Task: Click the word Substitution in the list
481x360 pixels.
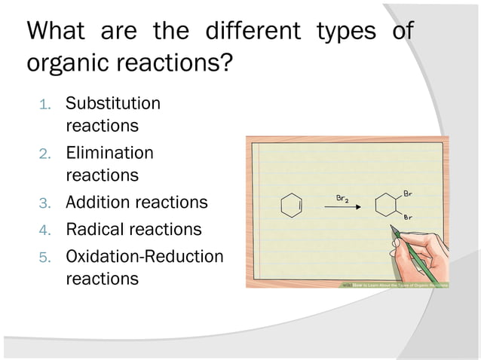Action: pyautogui.click(x=113, y=103)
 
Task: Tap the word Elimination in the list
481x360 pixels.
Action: pyautogui.click(x=109, y=153)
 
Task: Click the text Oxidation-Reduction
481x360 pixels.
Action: pyautogui.click(x=145, y=256)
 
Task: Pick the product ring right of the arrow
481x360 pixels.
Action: pyautogui.click(x=387, y=206)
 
